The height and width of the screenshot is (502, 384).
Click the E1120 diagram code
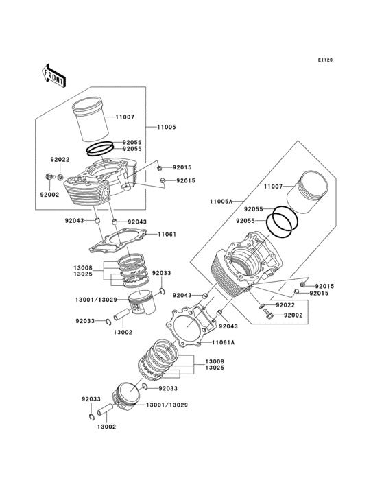pyautogui.click(x=325, y=60)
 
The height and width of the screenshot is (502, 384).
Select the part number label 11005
pyautogui.click(x=166, y=128)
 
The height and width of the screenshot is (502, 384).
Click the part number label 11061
pyautogui.click(x=167, y=234)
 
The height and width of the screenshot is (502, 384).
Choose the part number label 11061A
pyautogui.click(x=223, y=342)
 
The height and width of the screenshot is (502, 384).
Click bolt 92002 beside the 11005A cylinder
pyautogui.click(x=268, y=315)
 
